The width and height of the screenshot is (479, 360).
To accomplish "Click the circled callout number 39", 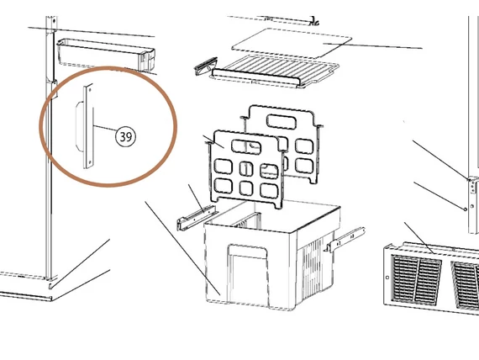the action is point(125,136).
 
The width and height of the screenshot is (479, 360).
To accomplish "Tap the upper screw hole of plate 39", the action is point(90,90).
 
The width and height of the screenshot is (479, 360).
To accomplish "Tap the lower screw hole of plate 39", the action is point(89,162).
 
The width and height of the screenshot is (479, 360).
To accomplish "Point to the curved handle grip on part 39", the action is point(79,126).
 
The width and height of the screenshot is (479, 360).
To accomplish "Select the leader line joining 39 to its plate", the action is point(104,129).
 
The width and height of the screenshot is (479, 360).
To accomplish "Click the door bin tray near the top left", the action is point(106,55).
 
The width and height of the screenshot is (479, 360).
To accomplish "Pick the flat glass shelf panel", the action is point(292,43).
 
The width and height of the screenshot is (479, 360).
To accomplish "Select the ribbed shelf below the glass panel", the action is point(275,71).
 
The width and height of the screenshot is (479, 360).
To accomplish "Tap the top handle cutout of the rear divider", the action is point(282,121).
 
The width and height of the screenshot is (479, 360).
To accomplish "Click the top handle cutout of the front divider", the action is point(246,147).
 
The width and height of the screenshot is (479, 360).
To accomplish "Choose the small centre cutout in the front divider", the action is point(246,169).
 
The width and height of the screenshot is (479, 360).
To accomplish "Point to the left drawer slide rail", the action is point(197,217).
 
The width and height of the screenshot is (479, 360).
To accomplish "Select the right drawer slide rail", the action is point(345,239).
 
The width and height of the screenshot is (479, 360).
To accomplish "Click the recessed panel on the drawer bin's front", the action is point(248,275).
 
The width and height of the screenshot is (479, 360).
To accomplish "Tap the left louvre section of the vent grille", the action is point(416,280).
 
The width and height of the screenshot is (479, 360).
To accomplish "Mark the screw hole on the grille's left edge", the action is point(387,278).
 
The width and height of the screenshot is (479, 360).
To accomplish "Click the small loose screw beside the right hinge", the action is point(466,209).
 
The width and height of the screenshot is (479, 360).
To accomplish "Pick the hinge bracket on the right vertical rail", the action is point(473,186).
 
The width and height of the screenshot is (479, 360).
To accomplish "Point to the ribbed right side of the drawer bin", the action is point(314,266).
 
